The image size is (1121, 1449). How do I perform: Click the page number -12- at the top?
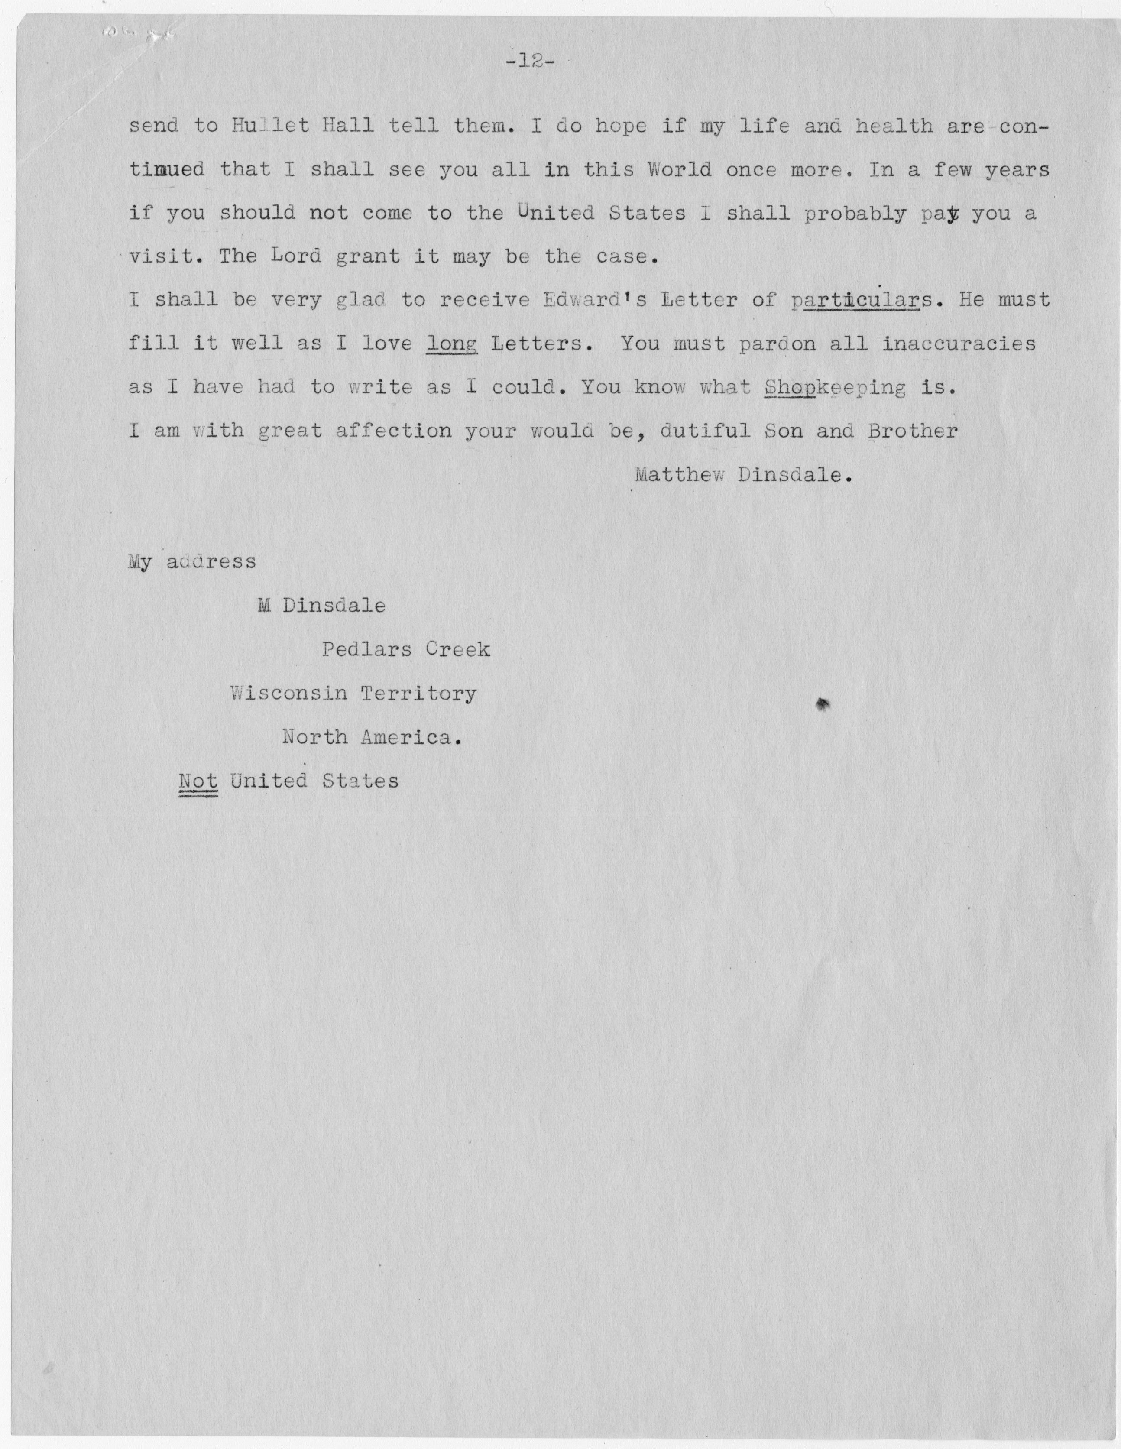point(528,61)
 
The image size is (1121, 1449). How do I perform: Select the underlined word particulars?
point(856,300)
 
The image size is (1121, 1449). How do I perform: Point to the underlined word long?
point(452,344)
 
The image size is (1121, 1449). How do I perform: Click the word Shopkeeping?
point(834,387)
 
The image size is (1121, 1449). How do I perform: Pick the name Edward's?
point(594,299)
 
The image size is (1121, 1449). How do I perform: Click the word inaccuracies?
point(959,343)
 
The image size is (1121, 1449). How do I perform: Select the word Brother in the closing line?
point(913,431)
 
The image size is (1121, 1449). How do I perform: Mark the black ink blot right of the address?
point(823,705)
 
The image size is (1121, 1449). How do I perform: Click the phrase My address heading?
point(192,562)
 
